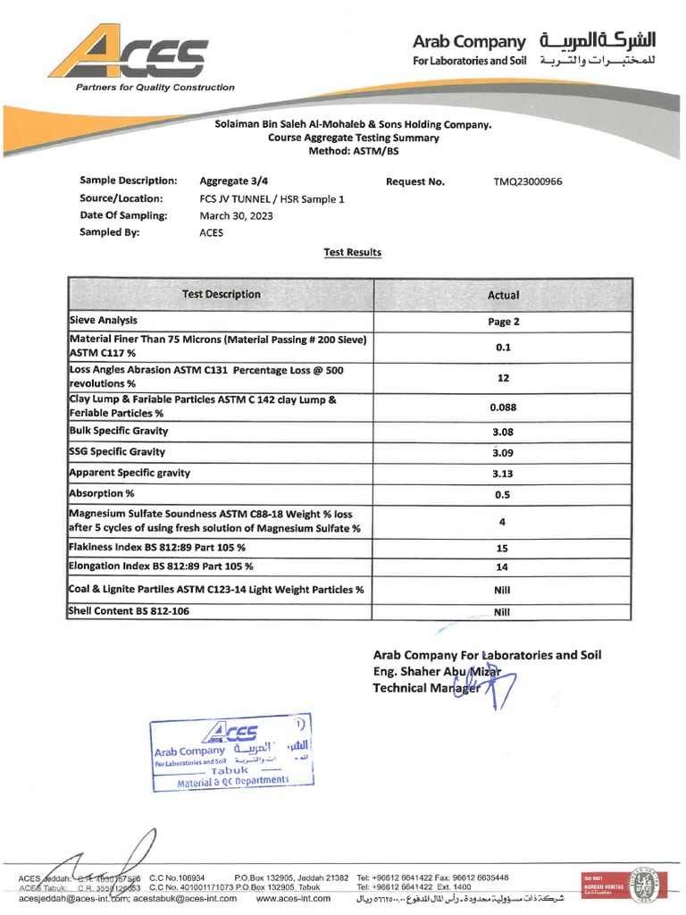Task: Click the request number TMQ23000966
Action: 528,181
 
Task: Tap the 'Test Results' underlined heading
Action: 352,253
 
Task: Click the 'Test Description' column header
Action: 222,294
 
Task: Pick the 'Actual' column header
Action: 503,295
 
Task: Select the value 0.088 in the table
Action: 503,407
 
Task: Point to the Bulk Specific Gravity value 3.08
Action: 503,432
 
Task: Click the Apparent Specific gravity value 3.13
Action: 503,474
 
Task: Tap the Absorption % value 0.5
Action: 503,494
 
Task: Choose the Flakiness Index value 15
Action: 503,548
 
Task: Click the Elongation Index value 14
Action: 503,567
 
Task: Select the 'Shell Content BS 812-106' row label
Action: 130,611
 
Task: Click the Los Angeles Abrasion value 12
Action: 503,378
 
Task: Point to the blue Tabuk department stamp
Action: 231,753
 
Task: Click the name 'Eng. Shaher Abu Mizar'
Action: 437,672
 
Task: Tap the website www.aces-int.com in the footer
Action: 293,899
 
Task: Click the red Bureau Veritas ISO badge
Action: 597,886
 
